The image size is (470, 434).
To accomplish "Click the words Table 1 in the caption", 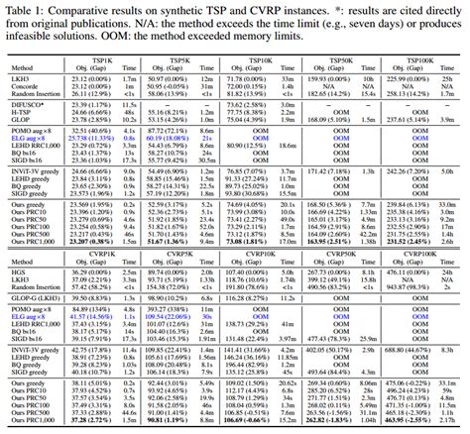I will coord(21,7).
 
